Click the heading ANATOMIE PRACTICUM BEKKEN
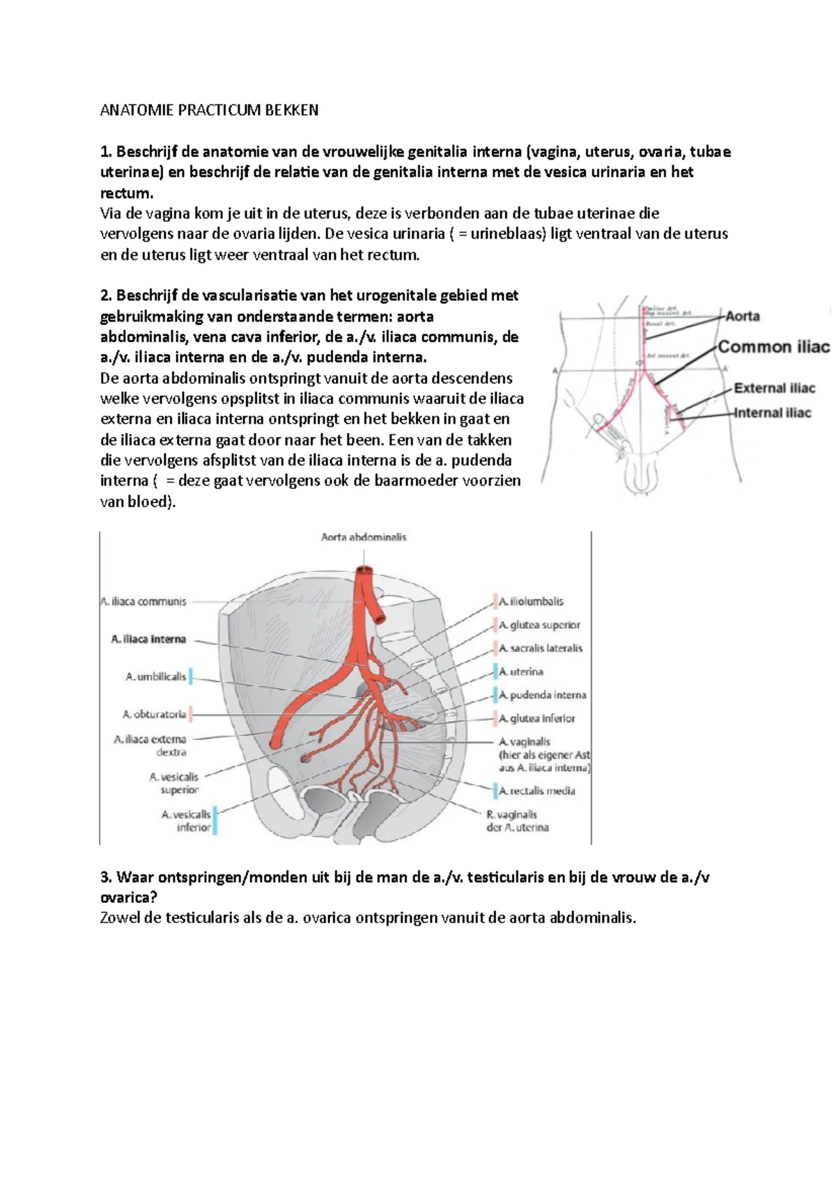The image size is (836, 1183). tap(209, 110)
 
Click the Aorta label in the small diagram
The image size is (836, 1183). tap(742, 316)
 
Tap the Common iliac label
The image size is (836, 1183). tap(773, 347)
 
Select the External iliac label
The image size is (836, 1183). tap(774, 388)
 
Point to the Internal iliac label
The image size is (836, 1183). tap(772, 412)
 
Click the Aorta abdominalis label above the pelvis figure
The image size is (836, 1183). tap(363, 537)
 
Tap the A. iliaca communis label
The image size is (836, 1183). tap(144, 601)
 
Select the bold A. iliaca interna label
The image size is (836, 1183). tap(148, 639)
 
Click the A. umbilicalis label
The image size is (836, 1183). tap(155, 676)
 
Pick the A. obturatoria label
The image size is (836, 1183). tap(154, 714)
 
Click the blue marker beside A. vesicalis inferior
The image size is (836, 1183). tap(215, 821)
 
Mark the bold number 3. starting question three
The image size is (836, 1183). tap(106, 877)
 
